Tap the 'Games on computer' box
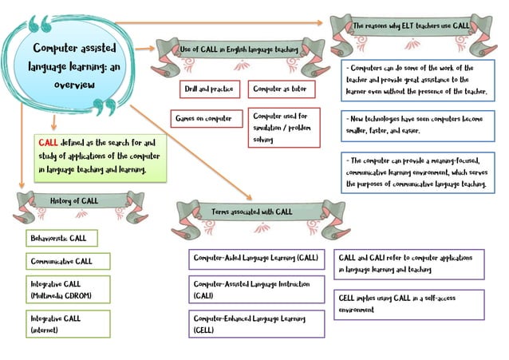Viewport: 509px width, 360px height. click(x=203, y=119)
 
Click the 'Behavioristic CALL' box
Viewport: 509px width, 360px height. click(x=60, y=238)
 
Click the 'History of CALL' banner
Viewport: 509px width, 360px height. click(x=74, y=201)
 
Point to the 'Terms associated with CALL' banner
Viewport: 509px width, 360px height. click(x=252, y=212)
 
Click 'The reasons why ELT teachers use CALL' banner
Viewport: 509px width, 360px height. click(x=411, y=26)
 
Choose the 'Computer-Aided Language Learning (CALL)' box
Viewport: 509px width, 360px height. click(x=256, y=259)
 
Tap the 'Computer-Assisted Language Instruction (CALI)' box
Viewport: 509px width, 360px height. click(x=256, y=289)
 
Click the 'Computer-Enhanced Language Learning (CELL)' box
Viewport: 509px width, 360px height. click(x=256, y=323)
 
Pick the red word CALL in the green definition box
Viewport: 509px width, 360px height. click(x=47, y=142)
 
